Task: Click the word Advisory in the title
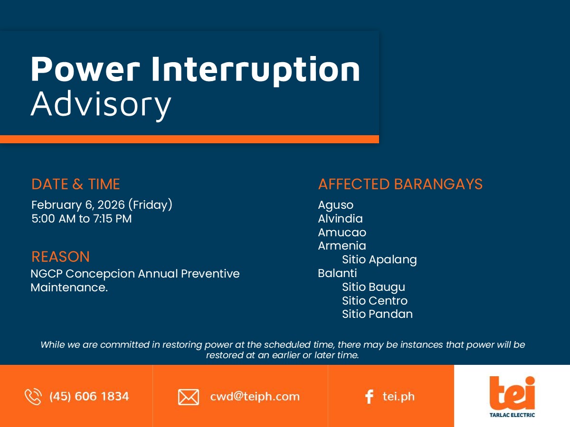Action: pyautogui.click(x=101, y=105)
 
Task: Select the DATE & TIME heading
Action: pyautogui.click(x=76, y=184)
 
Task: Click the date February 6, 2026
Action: pyautogui.click(x=78, y=205)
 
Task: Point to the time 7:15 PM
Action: pyautogui.click(x=112, y=219)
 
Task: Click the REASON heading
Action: pyautogui.click(x=60, y=257)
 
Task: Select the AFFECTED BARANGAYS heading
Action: pyautogui.click(x=400, y=184)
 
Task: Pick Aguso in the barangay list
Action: pyautogui.click(x=336, y=205)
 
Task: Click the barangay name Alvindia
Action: pyautogui.click(x=341, y=219)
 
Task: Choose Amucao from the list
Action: pyautogui.click(x=342, y=232)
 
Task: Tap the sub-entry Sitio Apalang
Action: pyautogui.click(x=380, y=260)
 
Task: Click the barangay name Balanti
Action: pyautogui.click(x=338, y=273)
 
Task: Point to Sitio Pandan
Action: pyautogui.click(x=377, y=314)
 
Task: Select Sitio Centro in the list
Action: pyautogui.click(x=375, y=301)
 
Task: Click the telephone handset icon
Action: pyautogui.click(x=33, y=397)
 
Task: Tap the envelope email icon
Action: pyautogui.click(x=189, y=397)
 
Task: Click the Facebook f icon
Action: pyautogui.click(x=369, y=397)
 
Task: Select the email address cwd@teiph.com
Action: pyautogui.click(x=255, y=397)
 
